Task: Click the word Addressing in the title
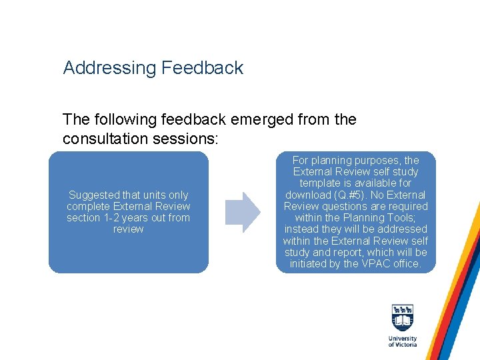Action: coord(107,68)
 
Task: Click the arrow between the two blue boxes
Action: coord(242,212)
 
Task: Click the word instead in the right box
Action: coord(302,229)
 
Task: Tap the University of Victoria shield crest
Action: coord(403,319)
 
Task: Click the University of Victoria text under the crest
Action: coord(403,341)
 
